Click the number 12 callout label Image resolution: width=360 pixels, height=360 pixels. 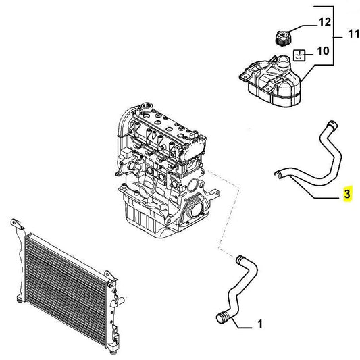pyautogui.click(x=324, y=22)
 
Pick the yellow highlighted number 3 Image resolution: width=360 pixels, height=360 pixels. pyautogui.click(x=346, y=195)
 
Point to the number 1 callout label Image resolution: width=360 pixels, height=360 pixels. pyautogui.click(x=259, y=325)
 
